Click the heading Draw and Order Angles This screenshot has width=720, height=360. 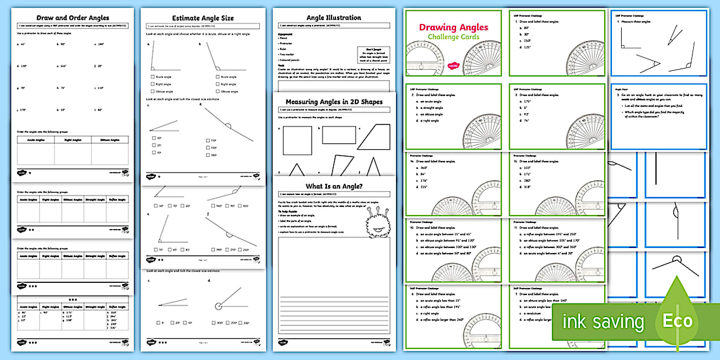pyautogui.click(x=72, y=18)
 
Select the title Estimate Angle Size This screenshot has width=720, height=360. pyautogui.click(x=203, y=18)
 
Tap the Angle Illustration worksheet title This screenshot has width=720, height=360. pyautogui.click(x=334, y=18)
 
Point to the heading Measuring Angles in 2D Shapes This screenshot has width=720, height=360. pyautogui.click(x=334, y=102)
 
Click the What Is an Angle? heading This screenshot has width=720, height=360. pyautogui.click(x=334, y=186)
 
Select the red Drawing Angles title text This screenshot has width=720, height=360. pyautogui.click(x=454, y=27)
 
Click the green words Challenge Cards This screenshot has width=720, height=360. pyautogui.click(x=454, y=37)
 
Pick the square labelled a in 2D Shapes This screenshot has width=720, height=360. pyautogui.click(x=298, y=141)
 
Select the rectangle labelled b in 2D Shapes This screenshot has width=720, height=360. pyautogui.click(x=339, y=135)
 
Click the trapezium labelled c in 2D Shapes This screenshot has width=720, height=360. pyautogui.click(x=375, y=138)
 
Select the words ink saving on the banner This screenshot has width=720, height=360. pyautogui.click(x=603, y=322)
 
